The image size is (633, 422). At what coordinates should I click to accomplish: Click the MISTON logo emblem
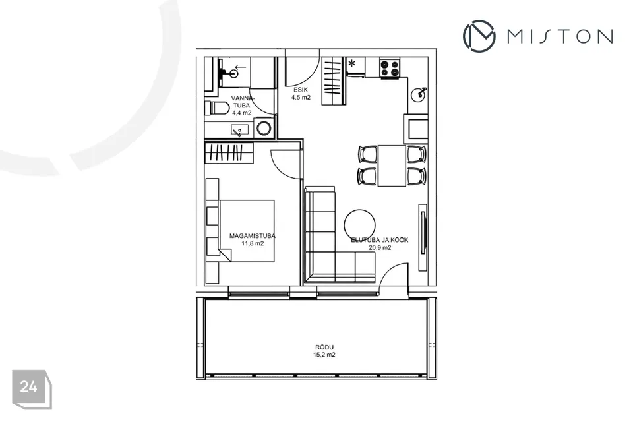coord(479,36)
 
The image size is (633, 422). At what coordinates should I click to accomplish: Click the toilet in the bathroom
coord(217,108)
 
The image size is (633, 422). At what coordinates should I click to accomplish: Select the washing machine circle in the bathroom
coord(264,128)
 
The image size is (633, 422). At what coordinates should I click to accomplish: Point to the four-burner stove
coord(390,68)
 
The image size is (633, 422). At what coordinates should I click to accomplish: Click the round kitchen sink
coord(418,95)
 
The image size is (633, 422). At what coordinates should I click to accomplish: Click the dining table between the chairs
coord(392,166)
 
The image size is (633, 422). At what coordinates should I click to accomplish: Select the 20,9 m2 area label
coord(380,247)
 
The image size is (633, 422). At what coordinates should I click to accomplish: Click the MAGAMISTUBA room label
coord(253,236)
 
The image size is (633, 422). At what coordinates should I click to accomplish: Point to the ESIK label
coord(301,90)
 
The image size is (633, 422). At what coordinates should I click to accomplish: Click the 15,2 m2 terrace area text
coord(324,355)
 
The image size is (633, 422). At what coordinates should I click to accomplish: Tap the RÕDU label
coord(324,347)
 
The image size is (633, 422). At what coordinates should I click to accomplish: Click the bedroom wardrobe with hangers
coord(229,153)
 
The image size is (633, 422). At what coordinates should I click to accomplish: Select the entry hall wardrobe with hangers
coord(334,81)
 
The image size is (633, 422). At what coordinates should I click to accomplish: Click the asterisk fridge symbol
coord(352,63)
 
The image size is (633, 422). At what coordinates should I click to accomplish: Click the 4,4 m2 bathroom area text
coord(242,113)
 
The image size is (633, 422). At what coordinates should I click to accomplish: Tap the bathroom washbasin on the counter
coord(238,130)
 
